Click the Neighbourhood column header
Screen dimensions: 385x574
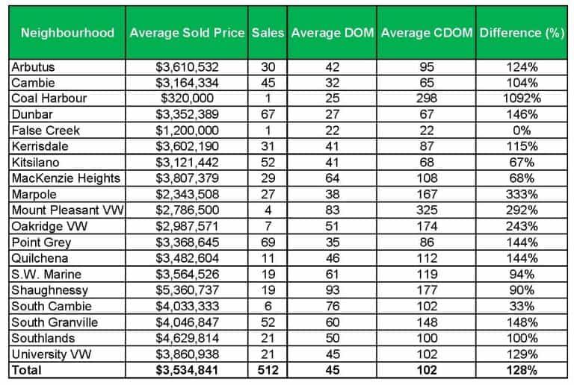(x=67, y=33)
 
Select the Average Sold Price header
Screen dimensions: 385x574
(x=187, y=33)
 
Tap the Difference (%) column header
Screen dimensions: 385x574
(x=521, y=33)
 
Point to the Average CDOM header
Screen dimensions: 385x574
(x=427, y=33)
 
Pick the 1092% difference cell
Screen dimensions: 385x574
(x=521, y=98)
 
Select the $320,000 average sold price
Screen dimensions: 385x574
(x=187, y=98)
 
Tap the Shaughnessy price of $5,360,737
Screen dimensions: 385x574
(x=187, y=289)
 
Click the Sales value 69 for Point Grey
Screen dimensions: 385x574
(x=268, y=242)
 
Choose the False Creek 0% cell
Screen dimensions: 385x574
(x=521, y=131)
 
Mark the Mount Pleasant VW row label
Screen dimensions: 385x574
(x=59, y=210)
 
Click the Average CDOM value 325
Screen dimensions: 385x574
(x=427, y=210)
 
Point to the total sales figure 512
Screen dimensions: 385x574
(x=268, y=369)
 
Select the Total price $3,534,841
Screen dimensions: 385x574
(x=187, y=369)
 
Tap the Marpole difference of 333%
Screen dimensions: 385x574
(x=521, y=194)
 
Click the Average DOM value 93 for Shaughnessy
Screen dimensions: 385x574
(x=333, y=289)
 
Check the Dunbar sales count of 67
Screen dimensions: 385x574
(x=268, y=114)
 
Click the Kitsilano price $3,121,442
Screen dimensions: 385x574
(x=187, y=162)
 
